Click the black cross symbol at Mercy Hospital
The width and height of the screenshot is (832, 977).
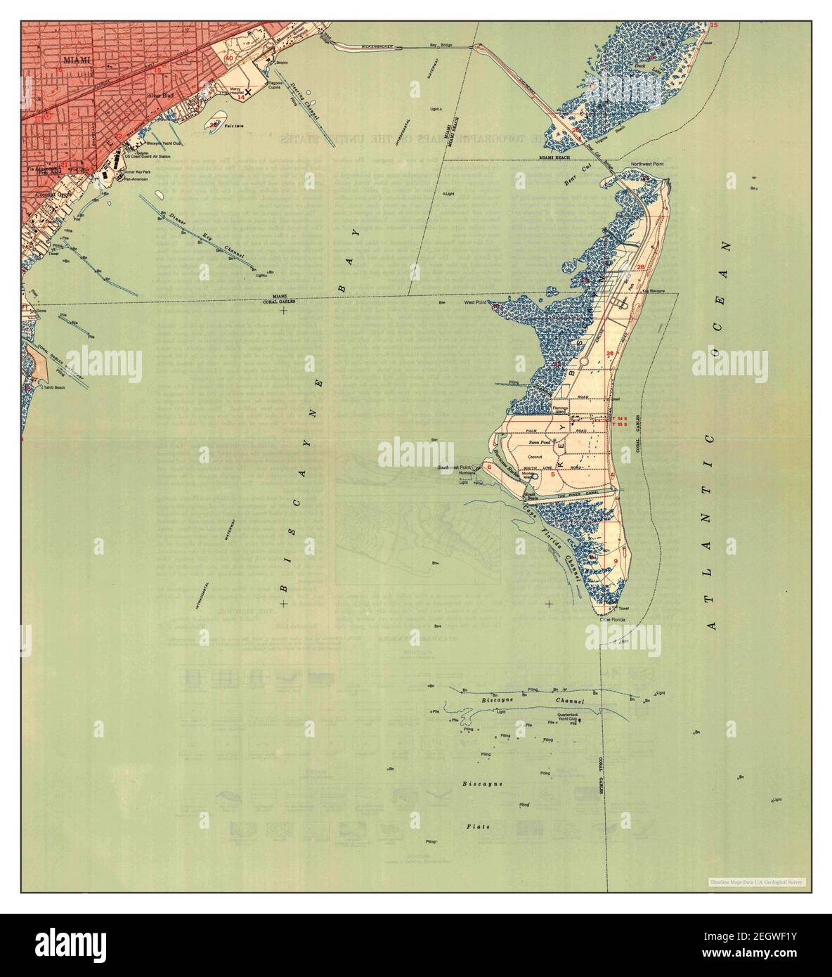pyautogui.click(x=247, y=92)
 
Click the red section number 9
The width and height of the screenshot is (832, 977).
pyautogui.click(x=616, y=560)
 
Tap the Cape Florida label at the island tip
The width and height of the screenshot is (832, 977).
pyautogui.click(x=612, y=619)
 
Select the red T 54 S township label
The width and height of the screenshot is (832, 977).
pyautogui.click(x=620, y=419)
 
